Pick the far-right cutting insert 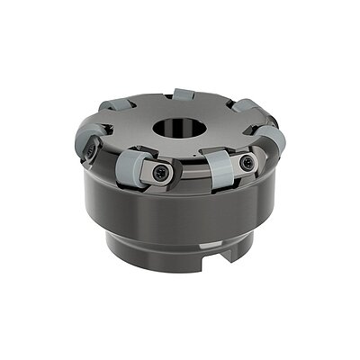click(x=273, y=139)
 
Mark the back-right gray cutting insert click(x=245, y=110)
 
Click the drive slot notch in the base click(x=225, y=255)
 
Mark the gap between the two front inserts click(x=184, y=171)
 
